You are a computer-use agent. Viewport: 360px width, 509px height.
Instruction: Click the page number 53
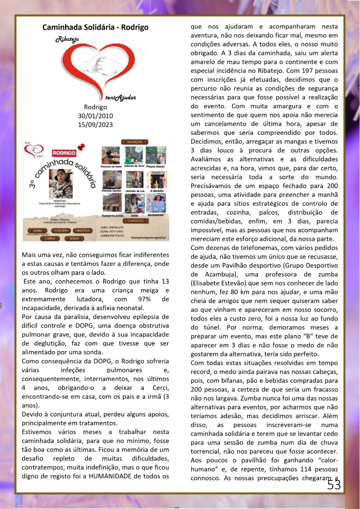point(334,485)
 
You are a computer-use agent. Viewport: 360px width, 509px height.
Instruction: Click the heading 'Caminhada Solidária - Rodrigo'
point(95,27)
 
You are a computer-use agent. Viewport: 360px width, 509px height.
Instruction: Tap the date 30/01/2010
point(95,116)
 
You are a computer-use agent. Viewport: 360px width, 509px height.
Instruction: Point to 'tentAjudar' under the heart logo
point(120,97)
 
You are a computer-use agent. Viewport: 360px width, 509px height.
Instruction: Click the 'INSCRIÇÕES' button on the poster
point(135,141)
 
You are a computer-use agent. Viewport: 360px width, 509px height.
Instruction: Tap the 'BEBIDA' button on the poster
point(72,238)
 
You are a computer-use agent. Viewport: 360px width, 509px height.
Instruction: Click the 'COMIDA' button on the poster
point(49,238)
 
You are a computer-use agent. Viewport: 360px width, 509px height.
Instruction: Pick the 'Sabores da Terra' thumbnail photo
point(135,156)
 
